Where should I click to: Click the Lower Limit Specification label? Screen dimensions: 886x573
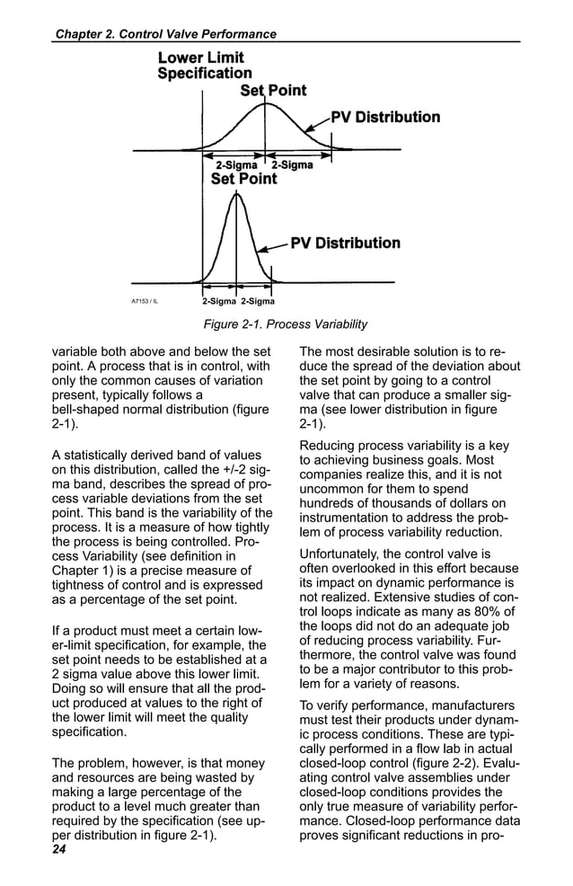pyautogui.click(x=205, y=66)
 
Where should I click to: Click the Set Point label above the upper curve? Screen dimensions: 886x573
pyautogui.click(x=273, y=90)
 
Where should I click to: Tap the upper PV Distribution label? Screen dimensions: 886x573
pyautogui.click(x=385, y=117)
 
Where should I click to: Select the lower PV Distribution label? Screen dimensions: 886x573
pyautogui.click(x=345, y=243)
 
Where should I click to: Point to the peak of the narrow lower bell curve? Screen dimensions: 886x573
pyautogui.click(x=236, y=191)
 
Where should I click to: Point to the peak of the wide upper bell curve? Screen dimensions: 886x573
pyautogui.click(x=264, y=102)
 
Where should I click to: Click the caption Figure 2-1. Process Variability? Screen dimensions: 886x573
pyautogui.click(x=286, y=324)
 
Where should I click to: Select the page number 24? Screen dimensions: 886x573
pyautogui.click(x=59, y=849)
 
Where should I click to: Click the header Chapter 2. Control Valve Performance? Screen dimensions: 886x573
pyautogui.click(x=165, y=34)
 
